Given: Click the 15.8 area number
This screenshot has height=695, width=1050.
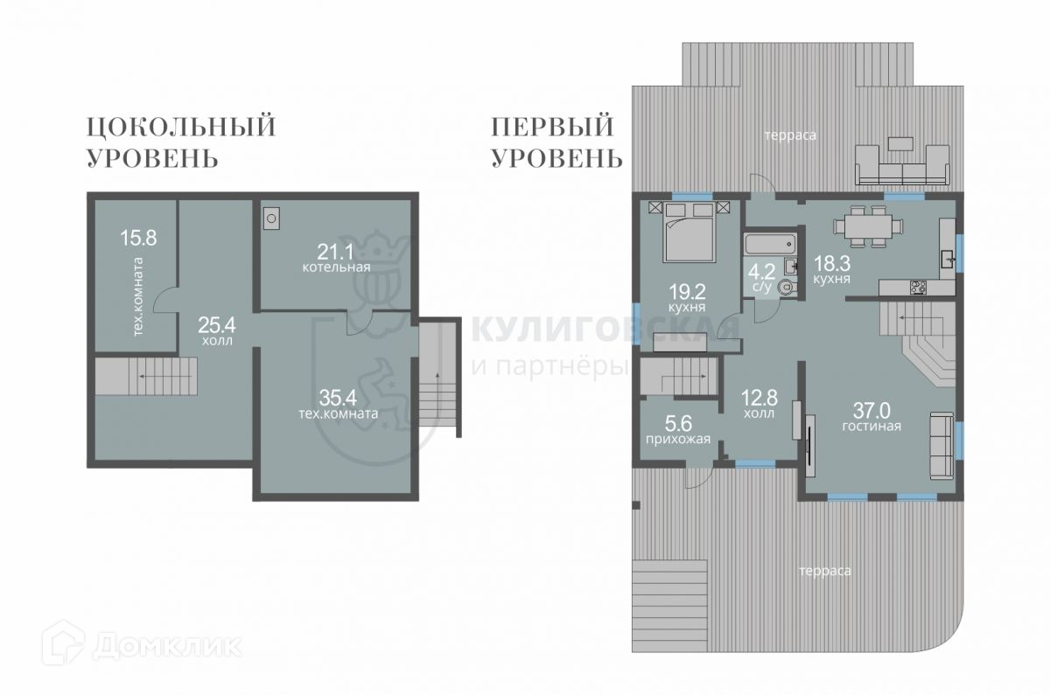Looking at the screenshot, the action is (138, 238).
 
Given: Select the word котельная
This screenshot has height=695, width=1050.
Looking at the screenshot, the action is (336, 268).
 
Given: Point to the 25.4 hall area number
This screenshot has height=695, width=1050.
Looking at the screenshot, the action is (217, 324).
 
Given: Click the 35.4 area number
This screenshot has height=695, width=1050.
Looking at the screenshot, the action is (338, 398).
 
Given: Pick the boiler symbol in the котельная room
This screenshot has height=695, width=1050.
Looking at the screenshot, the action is (271, 219).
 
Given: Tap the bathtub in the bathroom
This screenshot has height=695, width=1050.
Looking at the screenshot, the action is (770, 244).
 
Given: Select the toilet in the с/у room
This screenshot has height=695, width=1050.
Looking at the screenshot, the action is (786, 288).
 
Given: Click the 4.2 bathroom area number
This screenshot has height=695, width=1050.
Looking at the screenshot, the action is (762, 272).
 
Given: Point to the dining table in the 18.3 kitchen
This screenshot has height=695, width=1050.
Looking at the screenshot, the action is (868, 226).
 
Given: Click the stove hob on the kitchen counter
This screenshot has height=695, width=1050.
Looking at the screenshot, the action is (918, 287).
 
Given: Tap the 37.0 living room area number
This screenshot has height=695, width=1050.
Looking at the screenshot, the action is (871, 411).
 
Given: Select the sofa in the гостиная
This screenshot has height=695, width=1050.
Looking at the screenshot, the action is (941, 445).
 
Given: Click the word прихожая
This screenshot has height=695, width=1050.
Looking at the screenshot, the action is (678, 439).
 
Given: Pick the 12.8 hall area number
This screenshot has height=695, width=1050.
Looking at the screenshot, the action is (759, 398).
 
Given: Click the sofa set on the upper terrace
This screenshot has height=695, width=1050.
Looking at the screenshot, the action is (902, 165).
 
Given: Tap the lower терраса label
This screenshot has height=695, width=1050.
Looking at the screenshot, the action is (824, 572).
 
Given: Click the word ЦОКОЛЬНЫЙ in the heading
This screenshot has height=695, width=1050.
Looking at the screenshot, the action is (181, 127).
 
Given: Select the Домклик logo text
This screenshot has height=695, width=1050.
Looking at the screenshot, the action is (167, 647).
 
